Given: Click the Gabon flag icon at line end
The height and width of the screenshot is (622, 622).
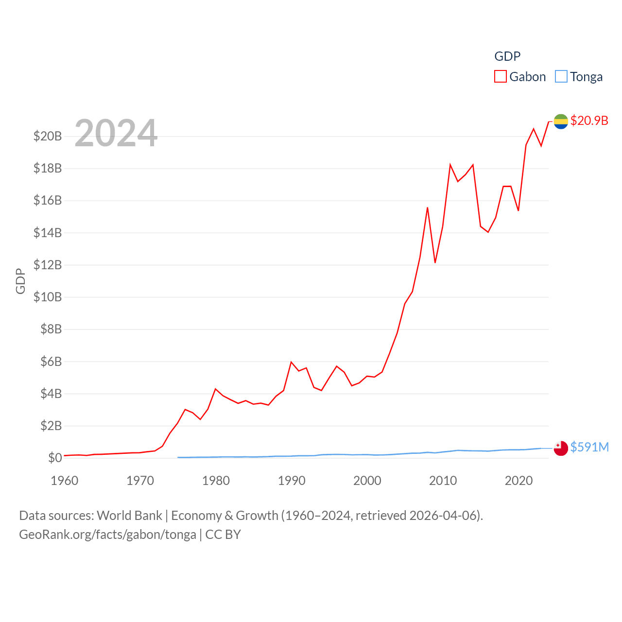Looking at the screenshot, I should coord(561,121).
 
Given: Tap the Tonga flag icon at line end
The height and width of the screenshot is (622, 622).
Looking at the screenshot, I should coord(561,448).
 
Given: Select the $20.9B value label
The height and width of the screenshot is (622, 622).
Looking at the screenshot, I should coord(589,121).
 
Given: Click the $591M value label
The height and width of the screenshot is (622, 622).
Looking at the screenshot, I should coord(589,447).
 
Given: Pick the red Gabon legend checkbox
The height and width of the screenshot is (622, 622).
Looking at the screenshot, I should coord(501,77).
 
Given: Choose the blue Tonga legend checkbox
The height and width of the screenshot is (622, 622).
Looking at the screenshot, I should coord(561,77).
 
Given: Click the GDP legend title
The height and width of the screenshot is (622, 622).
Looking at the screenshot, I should coord(507,56).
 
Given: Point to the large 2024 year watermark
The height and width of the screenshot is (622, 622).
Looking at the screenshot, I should coord(116,133).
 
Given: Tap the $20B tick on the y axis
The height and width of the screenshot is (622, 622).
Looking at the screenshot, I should coord(48,136).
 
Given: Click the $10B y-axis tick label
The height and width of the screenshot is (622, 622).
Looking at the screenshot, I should coord(48,297).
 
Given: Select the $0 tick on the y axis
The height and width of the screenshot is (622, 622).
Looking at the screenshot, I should coord(54,458).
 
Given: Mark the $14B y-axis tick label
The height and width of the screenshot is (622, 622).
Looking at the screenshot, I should coord(48,233).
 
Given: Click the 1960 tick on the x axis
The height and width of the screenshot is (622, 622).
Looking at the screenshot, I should coord(65,481).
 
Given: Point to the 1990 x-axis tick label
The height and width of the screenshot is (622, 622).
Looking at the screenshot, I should coord(292,481).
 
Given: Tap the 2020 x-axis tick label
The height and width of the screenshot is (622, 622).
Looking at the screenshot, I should coord(518,481).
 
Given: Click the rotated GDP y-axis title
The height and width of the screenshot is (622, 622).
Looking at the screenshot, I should coord(20,281).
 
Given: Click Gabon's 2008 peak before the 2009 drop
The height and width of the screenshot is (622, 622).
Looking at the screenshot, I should coord(428,207).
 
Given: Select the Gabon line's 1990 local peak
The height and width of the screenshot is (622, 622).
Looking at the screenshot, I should coord(291,362).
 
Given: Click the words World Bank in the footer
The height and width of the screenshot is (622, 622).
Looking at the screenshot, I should coord(129,516).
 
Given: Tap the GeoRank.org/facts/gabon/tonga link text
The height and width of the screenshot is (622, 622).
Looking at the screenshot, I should coord(107,535).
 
